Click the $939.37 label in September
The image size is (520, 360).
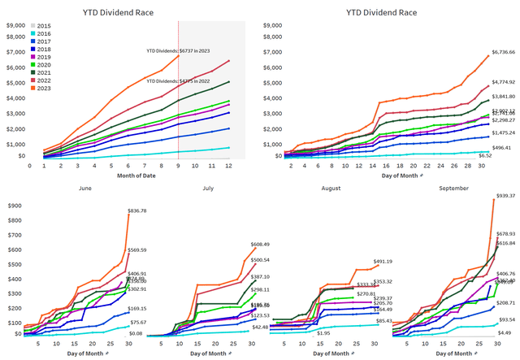[x=505, y=196]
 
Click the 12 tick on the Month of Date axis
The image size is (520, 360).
[x=229, y=165]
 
